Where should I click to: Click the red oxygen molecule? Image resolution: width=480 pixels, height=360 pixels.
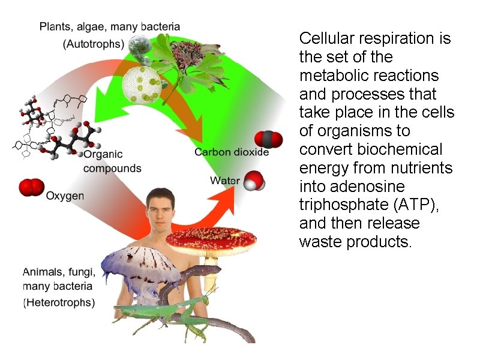pyautogui.click(x=30, y=187)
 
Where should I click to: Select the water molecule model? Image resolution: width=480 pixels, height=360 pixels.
pyautogui.click(x=254, y=180)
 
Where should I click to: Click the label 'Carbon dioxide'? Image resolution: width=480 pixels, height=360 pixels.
pyautogui.click(x=232, y=152)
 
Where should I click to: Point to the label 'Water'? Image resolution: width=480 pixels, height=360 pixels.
pyautogui.click(x=225, y=181)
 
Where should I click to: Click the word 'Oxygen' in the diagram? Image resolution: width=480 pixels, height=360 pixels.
pyautogui.click(x=65, y=196)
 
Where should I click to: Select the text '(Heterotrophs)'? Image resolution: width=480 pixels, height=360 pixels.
pyautogui.click(x=59, y=303)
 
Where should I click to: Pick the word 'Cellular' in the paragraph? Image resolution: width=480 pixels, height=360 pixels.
pyautogui.click(x=327, y=39)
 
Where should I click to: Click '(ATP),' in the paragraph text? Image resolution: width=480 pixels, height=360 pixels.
pyautogui.click(x=414, y=205)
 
